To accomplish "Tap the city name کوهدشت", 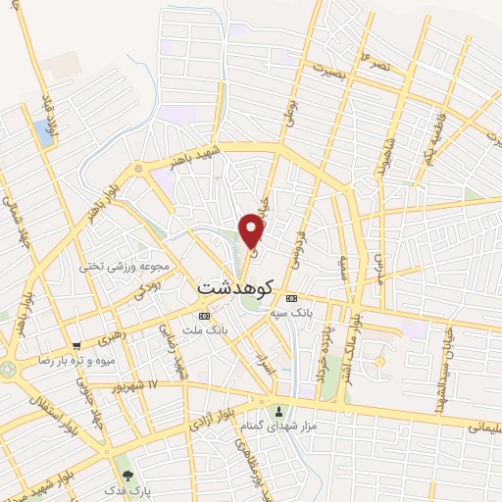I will click(235, 287).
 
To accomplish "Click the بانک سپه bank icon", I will click(290, 298).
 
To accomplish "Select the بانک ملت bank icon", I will click(204, 316).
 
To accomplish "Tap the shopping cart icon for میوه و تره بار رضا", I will click(76, 345).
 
